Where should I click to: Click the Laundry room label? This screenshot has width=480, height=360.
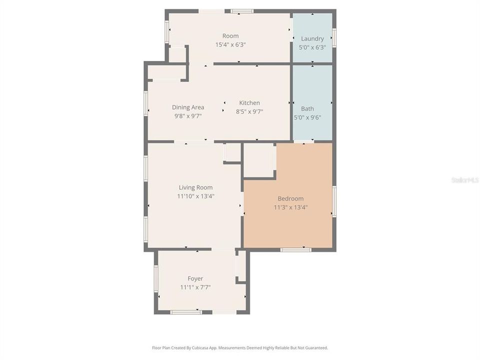click(x=312, y=38)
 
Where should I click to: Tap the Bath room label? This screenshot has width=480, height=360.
click(x=307, y=108)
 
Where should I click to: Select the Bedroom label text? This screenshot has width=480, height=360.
click(x=290, y=198)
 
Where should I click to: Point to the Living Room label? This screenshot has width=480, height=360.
click(x=195, y=187)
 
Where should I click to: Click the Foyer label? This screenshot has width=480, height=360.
click(x=195, y=278)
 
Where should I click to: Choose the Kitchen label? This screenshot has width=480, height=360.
click(x=249, y=103)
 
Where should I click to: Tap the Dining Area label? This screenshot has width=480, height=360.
click(x=188, y=107)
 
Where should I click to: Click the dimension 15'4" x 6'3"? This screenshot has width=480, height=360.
click(x=230, y=44)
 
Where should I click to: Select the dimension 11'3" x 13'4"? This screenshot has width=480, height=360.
click(x=290, y=207)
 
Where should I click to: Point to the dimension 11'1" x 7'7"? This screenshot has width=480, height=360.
click(x=195, y=287)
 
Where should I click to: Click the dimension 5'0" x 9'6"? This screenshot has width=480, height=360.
click(x=307, y=117)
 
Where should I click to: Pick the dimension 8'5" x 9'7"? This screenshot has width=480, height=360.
click(x=249, y=112)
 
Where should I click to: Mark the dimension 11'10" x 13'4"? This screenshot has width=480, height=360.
click(x=195, y=196)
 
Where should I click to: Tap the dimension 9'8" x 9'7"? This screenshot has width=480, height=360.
click(x=188, y=116)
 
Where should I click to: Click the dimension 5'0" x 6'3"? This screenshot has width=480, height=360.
click(x=312, y=47)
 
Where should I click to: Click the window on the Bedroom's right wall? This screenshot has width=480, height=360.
click(x=334, y=201)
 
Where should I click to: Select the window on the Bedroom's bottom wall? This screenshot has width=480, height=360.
click(x=295, y=249)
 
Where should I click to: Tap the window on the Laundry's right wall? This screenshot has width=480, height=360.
click(x=334, y=37)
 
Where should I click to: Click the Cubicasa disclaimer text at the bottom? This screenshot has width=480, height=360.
click(x=240, y=347)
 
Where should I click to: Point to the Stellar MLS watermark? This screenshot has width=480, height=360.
click(x=464, y=179)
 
